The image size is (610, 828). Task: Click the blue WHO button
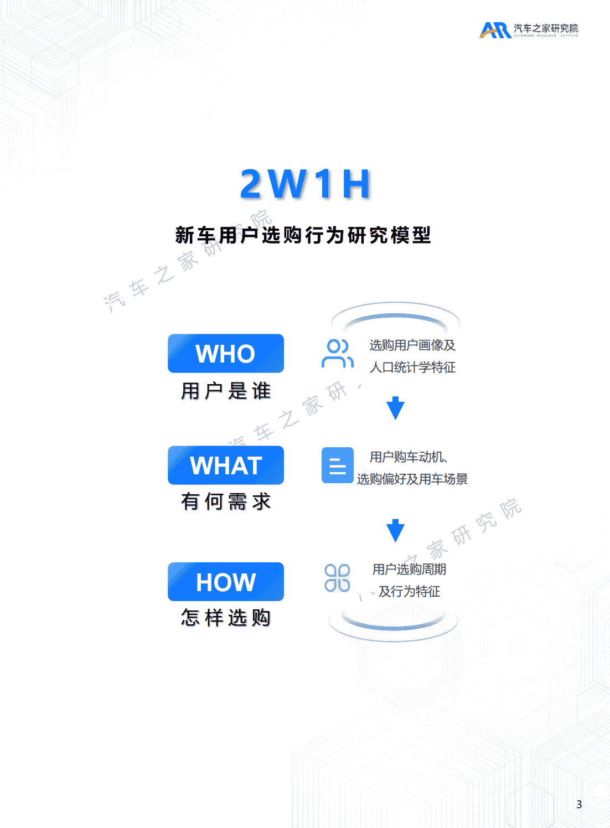point(226,354)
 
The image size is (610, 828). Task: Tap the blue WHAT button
point(226,465)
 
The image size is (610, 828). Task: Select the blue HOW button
point(226,582)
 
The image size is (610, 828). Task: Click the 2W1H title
point(306,184)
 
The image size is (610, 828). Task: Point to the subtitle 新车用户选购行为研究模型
point(303,235)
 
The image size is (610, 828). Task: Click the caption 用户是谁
point(226,391)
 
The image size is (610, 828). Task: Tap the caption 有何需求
point(226,501)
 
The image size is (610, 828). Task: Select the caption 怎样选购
point(226,617)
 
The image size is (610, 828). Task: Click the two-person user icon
point(337,354)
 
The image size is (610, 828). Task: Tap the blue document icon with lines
point(337,465)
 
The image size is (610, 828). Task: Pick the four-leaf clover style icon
point(337,578)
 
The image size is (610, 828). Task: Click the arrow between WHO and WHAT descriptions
point(395,408)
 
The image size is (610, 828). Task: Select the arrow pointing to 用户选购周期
point(395,530)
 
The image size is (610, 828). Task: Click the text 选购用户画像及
point(412,345)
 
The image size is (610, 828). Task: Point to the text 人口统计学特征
point(412,368)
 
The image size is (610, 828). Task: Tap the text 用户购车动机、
point(409,457)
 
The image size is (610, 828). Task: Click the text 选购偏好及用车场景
point(412,479)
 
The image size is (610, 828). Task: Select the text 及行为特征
point(409,592)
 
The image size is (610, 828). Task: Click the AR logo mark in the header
point(495,30)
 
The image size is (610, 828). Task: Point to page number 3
point(579,804)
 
